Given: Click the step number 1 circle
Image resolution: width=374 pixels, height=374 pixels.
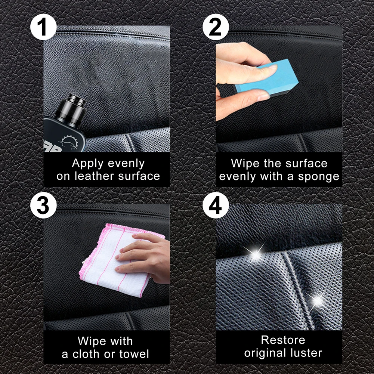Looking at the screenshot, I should [43, 27].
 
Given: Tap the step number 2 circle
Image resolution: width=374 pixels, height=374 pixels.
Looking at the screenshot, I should [215, 27].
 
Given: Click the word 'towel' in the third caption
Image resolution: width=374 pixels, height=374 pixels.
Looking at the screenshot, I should [134, 353].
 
